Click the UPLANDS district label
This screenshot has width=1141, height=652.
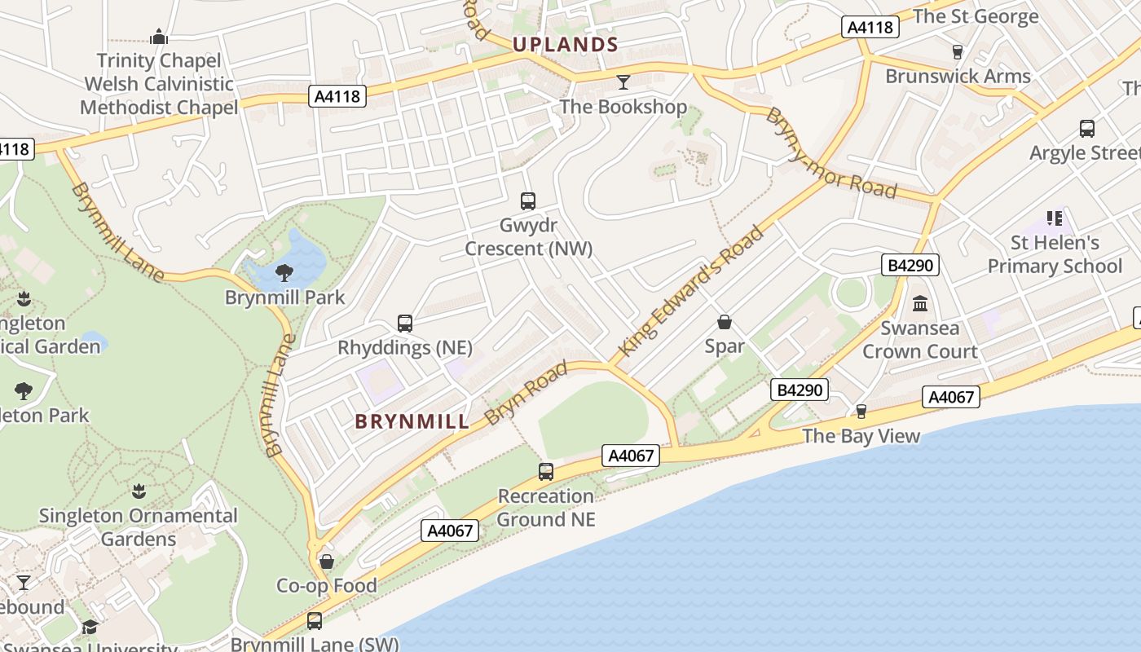[x=565, y=44]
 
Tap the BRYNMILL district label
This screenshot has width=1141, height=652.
[x=412, y=421]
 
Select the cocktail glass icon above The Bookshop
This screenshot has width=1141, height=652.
[x=623, y=81]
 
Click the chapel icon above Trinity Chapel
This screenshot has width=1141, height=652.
[x=159, y=37]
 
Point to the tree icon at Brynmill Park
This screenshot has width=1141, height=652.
[x=284, y=272]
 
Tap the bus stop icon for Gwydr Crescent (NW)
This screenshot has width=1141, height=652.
[x=528, y=200]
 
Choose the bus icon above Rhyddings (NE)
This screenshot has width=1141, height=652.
[x=405, y=323]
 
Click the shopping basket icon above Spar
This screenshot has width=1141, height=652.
[x=725, y=322]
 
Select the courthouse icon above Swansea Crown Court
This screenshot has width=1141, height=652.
[x=920, y=303]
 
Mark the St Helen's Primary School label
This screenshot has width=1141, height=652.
[x=1055, y=254]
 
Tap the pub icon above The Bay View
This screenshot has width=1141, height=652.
[x=861, y=411]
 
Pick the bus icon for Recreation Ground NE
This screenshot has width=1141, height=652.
[x=546, y=471]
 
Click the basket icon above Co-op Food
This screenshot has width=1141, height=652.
[x=327, y=562]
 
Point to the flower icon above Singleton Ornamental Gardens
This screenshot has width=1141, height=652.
[x=139, y=491]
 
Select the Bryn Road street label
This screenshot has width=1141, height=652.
[x=526, y=394]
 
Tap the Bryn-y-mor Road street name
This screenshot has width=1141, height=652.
[x=831, y=154]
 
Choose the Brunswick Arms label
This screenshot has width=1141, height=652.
[x=958, y=77]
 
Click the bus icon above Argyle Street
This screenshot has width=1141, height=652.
[x=1086, y=128]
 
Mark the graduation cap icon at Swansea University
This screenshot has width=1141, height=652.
[x=90, y=627]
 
